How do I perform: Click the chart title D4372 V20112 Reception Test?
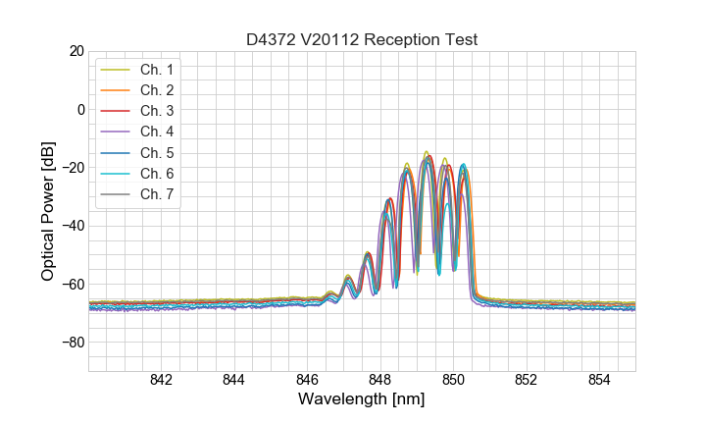tap(362, 39)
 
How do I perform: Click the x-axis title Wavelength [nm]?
tap(362, 400)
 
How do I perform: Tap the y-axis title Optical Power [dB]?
tap(48, 211)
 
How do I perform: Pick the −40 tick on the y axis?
tap(73, 226)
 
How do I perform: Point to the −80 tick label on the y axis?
tap(73, 343)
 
